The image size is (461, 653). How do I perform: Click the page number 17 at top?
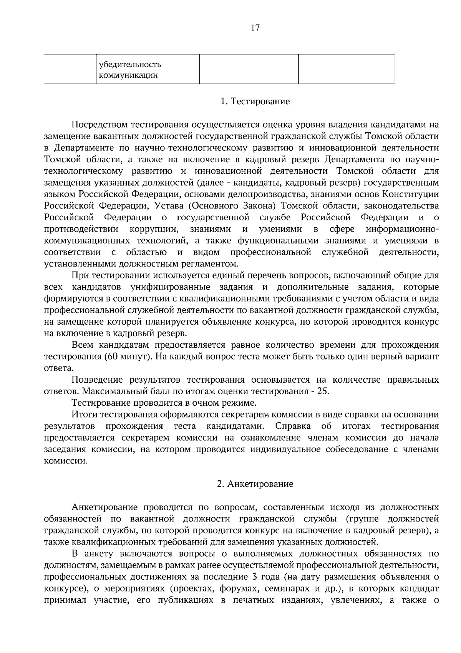point(255,28)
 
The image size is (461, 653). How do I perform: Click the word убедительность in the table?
point(130,64)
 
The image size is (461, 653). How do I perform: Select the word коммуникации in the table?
point(128,75)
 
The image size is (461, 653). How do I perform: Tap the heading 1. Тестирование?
point(255,102)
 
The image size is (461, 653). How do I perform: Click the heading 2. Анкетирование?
point(255,484)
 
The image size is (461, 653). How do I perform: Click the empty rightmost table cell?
point(347,69)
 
